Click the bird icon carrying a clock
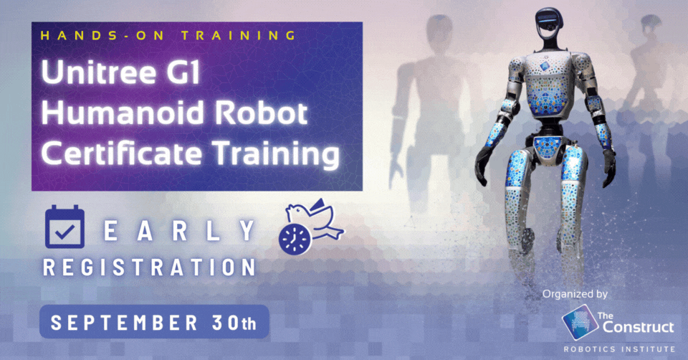pos(310,229)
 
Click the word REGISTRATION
pos(149,267)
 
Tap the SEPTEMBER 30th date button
pos(154,322)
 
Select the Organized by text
pos(575,294)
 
